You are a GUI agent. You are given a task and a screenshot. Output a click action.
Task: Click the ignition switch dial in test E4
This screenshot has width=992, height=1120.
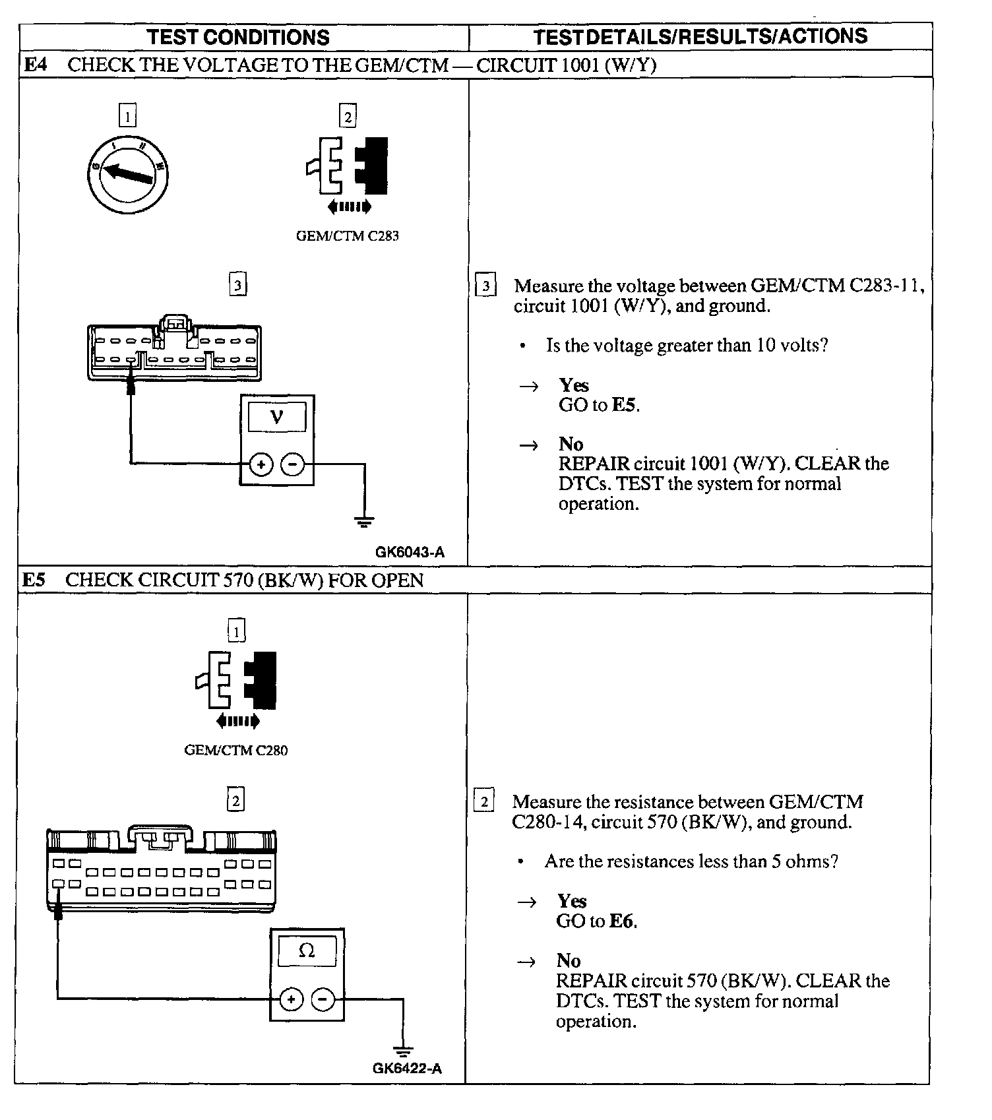coord(127,174)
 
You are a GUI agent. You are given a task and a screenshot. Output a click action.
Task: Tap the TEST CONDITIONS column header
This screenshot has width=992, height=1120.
coord(238,37)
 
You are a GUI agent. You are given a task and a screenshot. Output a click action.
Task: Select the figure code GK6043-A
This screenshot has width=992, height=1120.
coord(410,552)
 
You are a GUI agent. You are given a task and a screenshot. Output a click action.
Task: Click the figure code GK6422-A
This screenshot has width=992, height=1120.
coord(407,1068)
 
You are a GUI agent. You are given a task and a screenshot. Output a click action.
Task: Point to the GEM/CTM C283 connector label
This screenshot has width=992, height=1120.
coord(347,235)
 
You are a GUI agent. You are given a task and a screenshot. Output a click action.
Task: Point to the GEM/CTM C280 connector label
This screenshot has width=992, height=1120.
coord(235,750)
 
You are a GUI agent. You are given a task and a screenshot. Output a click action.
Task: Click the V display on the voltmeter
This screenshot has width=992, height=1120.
coord(277,417)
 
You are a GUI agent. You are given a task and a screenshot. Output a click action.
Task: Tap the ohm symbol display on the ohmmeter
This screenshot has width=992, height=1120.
coord(307,950)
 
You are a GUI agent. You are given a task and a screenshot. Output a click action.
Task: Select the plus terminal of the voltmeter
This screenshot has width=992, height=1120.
coord(261,465)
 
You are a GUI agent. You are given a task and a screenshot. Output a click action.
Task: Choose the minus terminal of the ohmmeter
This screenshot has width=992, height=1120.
coord(323,1000)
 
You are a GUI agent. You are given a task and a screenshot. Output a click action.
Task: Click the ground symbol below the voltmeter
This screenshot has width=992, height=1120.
coord(364,522)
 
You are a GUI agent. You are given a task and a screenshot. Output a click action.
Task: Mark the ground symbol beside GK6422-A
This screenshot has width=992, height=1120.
coord(402,1050)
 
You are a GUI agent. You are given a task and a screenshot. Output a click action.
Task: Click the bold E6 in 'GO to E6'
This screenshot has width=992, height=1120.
coord(622,921)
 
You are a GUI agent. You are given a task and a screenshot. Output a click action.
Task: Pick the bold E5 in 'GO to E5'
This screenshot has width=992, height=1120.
coord(624,404)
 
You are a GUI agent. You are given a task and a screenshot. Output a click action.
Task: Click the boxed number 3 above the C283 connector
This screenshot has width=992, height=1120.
coord(237,285)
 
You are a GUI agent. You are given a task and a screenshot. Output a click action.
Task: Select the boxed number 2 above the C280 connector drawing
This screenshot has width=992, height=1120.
coord(235,800)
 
